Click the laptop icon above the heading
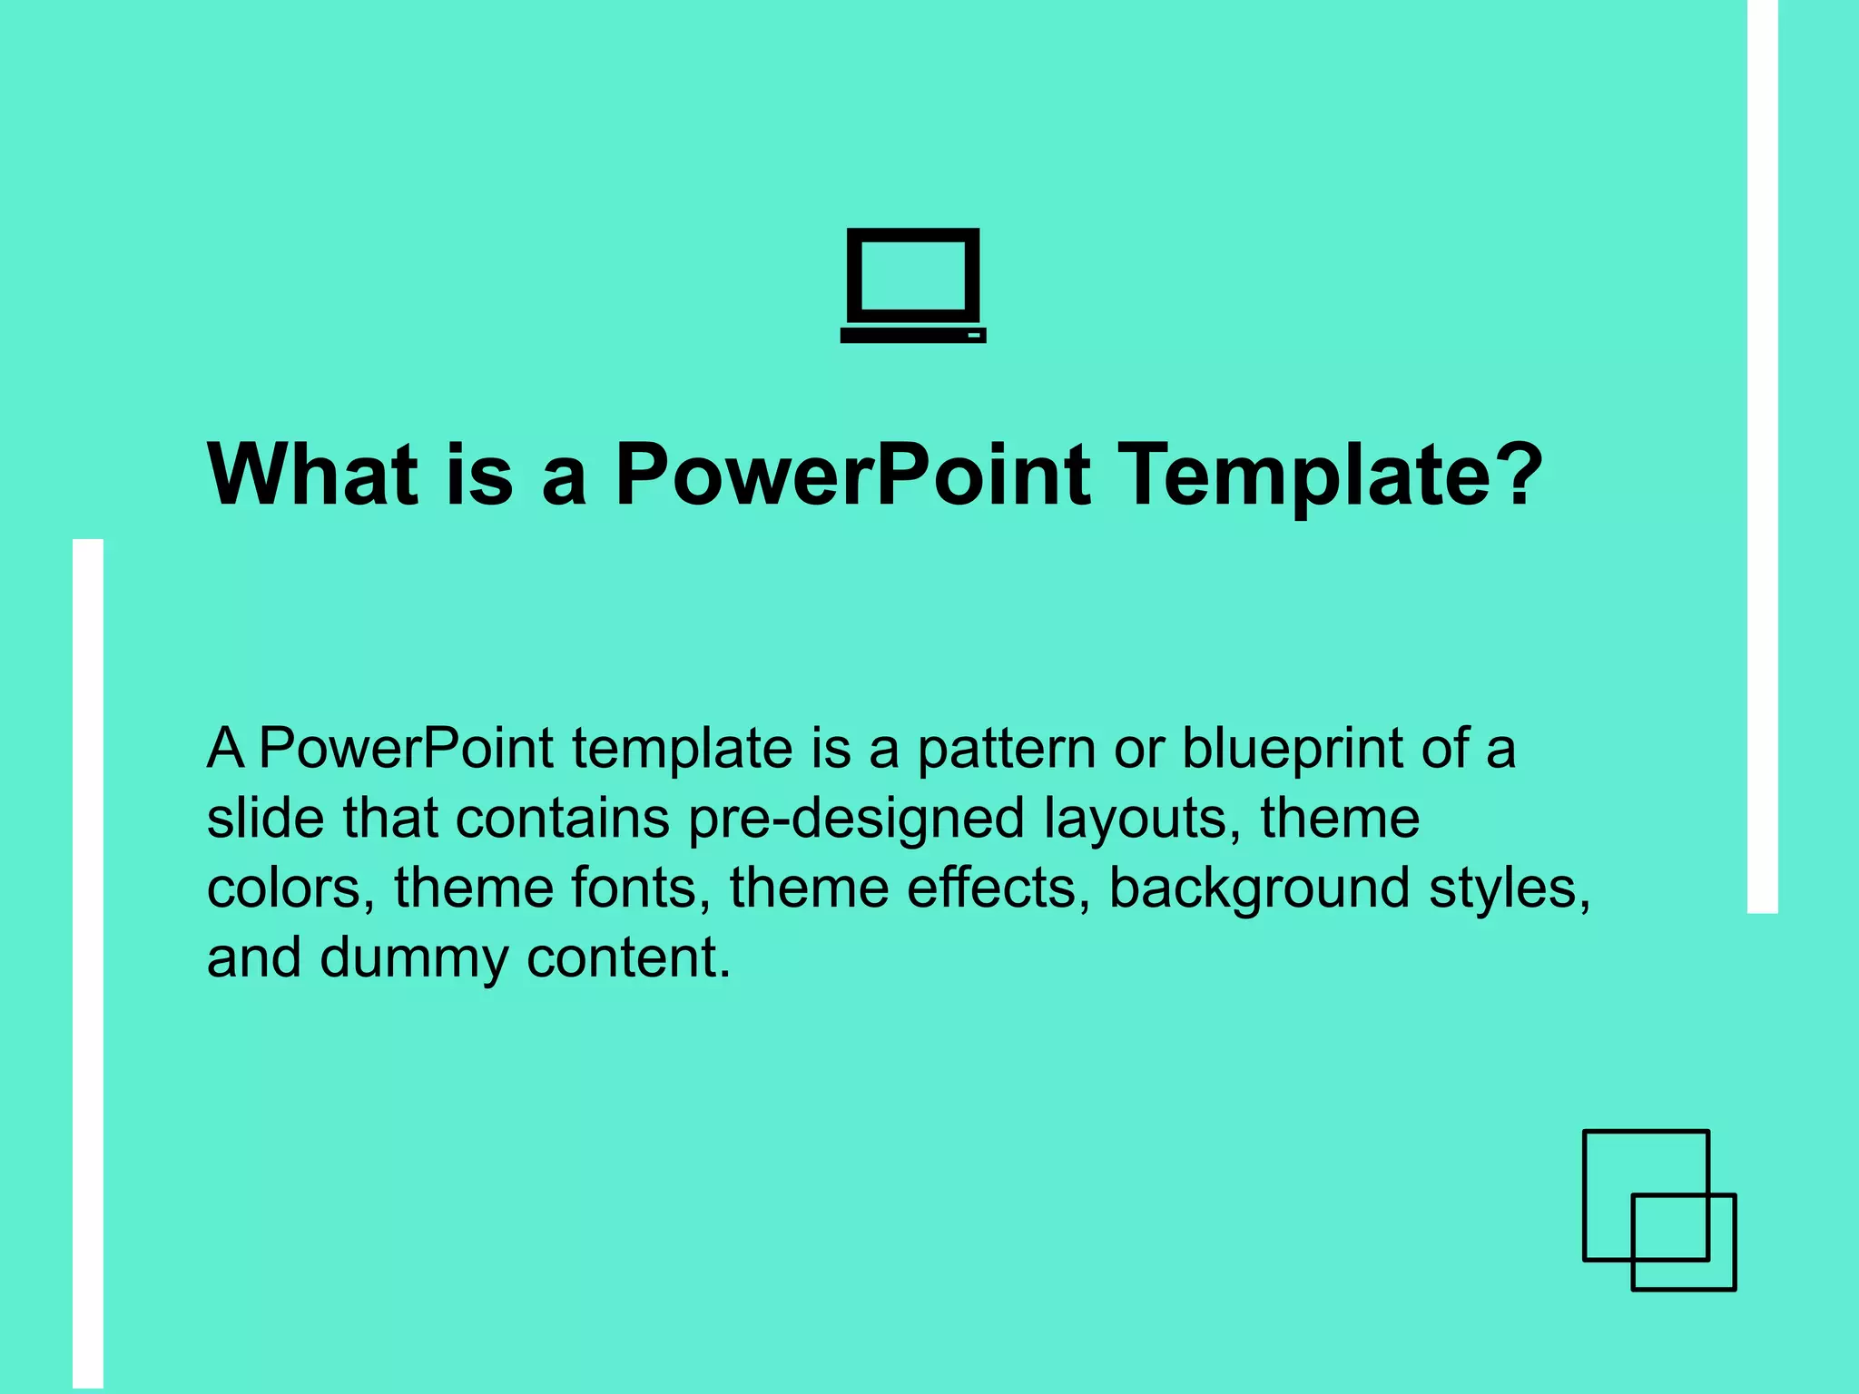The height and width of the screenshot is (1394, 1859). (x=913, y=285)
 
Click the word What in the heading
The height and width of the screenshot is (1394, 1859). (x=312, y=475)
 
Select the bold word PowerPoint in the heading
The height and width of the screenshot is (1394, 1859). (x=852, y=475)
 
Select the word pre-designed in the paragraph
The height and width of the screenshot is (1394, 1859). (x=856, y=820)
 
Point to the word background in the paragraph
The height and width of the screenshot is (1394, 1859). (x=1259, y=889)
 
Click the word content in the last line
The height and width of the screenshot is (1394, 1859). (x=628, y=959)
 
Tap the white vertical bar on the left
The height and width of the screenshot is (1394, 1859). (x=88, y=962)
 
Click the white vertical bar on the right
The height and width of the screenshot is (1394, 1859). (x=1762, y=454)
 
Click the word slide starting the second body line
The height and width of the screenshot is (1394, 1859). (x=265, y=818)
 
